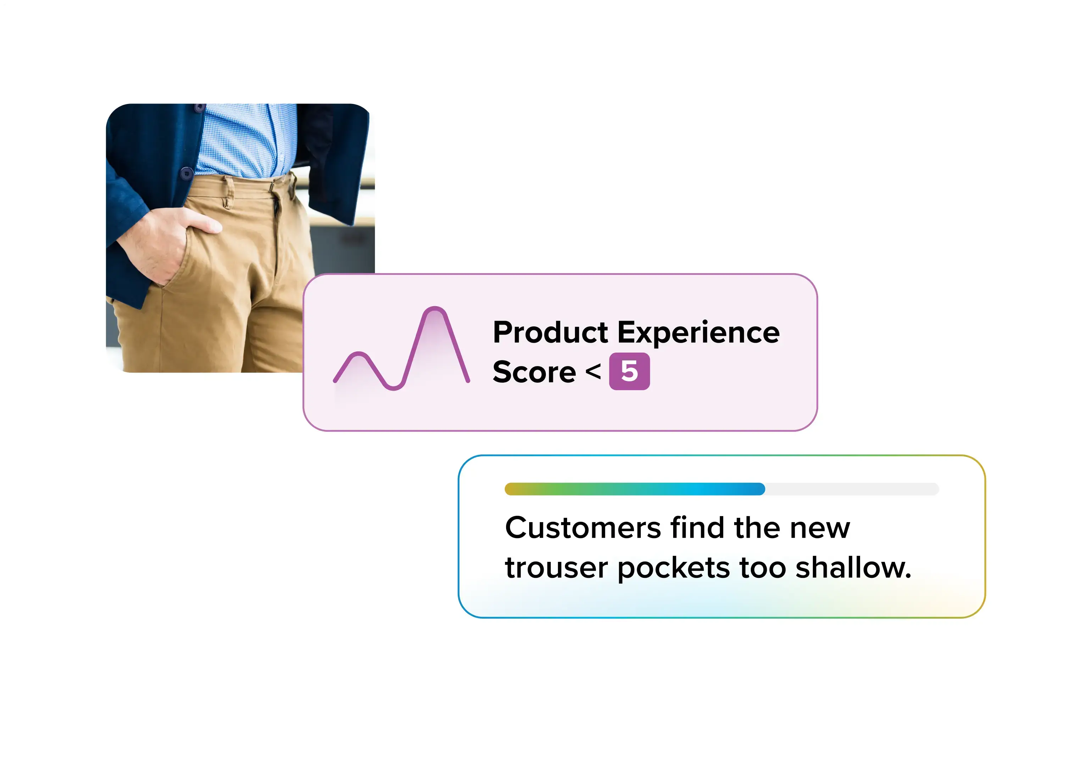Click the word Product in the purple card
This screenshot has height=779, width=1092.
point(550,333)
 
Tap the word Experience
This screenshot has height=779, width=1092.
point(698,333)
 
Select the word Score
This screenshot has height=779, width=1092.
point(534,372)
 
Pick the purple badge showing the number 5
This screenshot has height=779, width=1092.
point(629,371)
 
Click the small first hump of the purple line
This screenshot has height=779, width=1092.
point(359,355)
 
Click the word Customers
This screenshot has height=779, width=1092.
point(583,528)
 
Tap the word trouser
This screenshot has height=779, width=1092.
point(556,568)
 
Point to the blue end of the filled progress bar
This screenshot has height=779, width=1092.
point(758,489)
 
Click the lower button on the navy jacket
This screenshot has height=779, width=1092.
point(187,173)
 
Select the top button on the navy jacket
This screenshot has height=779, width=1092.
point(200,108)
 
